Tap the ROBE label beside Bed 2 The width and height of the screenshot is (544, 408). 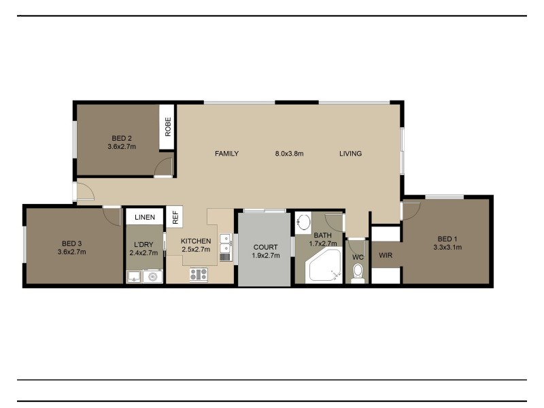(168, 127)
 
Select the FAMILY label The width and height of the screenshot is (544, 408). (226, 154)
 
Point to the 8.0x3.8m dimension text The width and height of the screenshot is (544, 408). (289, 154)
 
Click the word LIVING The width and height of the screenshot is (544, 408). (350, 154)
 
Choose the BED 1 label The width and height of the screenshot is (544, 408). (447, 239)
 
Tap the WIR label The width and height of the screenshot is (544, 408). (386, 255)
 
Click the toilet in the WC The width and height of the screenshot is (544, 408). (358, 272)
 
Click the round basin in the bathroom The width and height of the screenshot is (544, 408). (304, 222)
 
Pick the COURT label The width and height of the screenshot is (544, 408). (263, 247)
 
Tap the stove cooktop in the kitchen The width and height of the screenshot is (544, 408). (199, 275)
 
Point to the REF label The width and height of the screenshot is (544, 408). (175, 218)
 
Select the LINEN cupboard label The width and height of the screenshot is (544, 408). (145, 218)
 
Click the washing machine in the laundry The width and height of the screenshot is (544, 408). (152, 276)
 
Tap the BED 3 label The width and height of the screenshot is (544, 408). (72, 243)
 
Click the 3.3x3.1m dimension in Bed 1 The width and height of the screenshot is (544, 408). (447, 248)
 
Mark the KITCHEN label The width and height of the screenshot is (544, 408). (196, 241)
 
